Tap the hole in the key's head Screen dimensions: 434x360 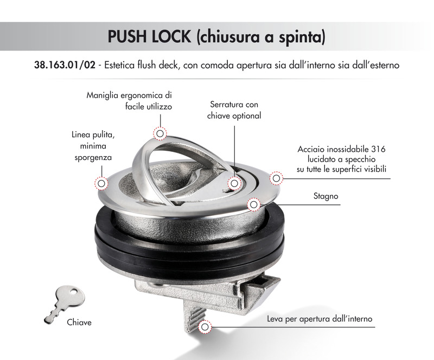tap(74, 292)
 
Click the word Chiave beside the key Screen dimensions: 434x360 tap(79, 323)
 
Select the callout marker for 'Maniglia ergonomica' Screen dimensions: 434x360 tap(160, 134)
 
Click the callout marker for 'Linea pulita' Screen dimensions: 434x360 tap(101, 183)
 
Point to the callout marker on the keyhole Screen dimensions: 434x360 tap(234, 183)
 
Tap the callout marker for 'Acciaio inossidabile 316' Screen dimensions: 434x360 tap(276, 178)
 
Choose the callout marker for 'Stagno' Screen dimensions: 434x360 tap(253, 205)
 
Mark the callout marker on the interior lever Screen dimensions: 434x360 tap(205, 327)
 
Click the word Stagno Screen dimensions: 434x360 tap(326, 196)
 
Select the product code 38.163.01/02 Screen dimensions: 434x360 tap(65, 65)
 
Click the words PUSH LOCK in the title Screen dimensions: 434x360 tap(149, 36)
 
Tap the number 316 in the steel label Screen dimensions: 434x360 tap(378, 149)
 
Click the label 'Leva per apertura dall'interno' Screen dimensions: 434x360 tap(320, 319)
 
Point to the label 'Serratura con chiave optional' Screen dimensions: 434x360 tap(234, 110)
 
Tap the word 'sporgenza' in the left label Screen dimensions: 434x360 tap(93, 158)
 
